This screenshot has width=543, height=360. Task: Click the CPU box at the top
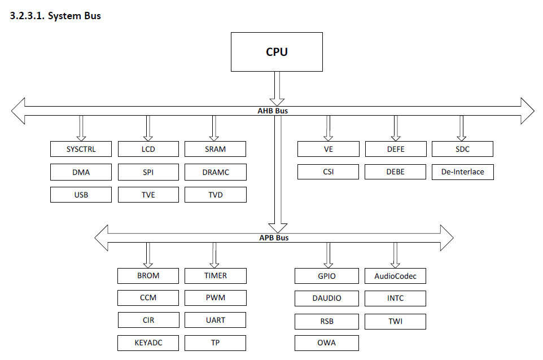277,52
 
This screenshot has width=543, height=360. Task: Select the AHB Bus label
273,111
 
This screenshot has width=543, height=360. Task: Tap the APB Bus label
274,238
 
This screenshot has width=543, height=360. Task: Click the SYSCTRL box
81,149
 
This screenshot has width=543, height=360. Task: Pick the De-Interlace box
463,172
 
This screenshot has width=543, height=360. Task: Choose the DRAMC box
216,172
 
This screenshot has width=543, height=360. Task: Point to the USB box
81,195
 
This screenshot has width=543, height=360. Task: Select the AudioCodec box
395,276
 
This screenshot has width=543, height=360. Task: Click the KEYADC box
148,343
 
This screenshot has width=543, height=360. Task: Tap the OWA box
327,343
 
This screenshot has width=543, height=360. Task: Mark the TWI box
395,321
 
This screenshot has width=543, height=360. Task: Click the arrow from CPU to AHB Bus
277,89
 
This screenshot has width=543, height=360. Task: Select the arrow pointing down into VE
329,128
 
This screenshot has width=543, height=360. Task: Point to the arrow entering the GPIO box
329,255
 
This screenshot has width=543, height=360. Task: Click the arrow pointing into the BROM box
148,255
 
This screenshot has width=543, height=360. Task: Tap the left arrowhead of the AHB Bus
18,111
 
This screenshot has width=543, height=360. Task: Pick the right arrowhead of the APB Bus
446,238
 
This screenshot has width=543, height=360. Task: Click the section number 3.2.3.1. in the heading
27,16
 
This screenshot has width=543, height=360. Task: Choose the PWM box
216,298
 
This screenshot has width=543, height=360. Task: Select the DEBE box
395,172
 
